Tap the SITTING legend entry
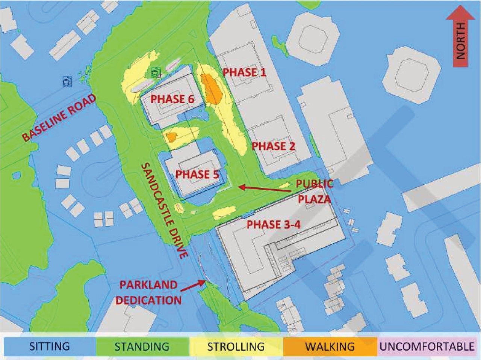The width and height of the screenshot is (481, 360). [50, 346]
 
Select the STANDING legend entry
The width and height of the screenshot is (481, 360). [142, 346]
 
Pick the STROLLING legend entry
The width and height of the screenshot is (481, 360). [236, 346]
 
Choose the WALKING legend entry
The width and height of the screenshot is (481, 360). [330, 346]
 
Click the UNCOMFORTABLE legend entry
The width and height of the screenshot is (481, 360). [427, 346]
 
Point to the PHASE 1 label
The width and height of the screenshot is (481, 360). [245, 72]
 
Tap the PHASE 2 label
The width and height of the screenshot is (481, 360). [273, 146]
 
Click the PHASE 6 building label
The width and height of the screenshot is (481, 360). [172, 99]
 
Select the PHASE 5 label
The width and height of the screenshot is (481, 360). [197, 174]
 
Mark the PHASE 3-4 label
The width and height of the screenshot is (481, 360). [273, 224]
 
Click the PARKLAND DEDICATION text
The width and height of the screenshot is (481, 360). [148, 292]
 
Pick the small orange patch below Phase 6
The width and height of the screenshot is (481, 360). [171, 137]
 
